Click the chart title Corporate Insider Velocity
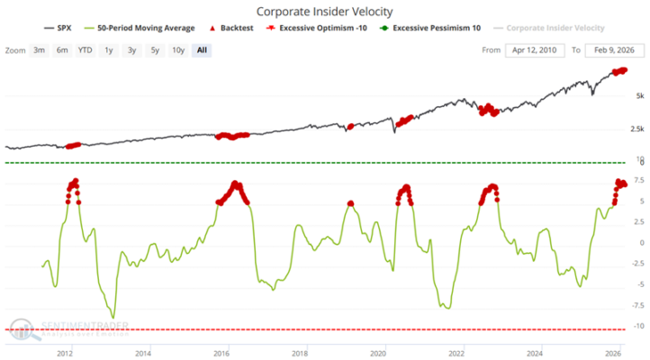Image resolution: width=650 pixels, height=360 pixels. (x=324, y=12)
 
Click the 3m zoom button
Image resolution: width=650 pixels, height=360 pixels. (x=40, y=49)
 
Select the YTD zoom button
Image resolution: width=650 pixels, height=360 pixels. (x=85, y=49)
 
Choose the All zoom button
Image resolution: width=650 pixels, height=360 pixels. (x=201, y=49)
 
